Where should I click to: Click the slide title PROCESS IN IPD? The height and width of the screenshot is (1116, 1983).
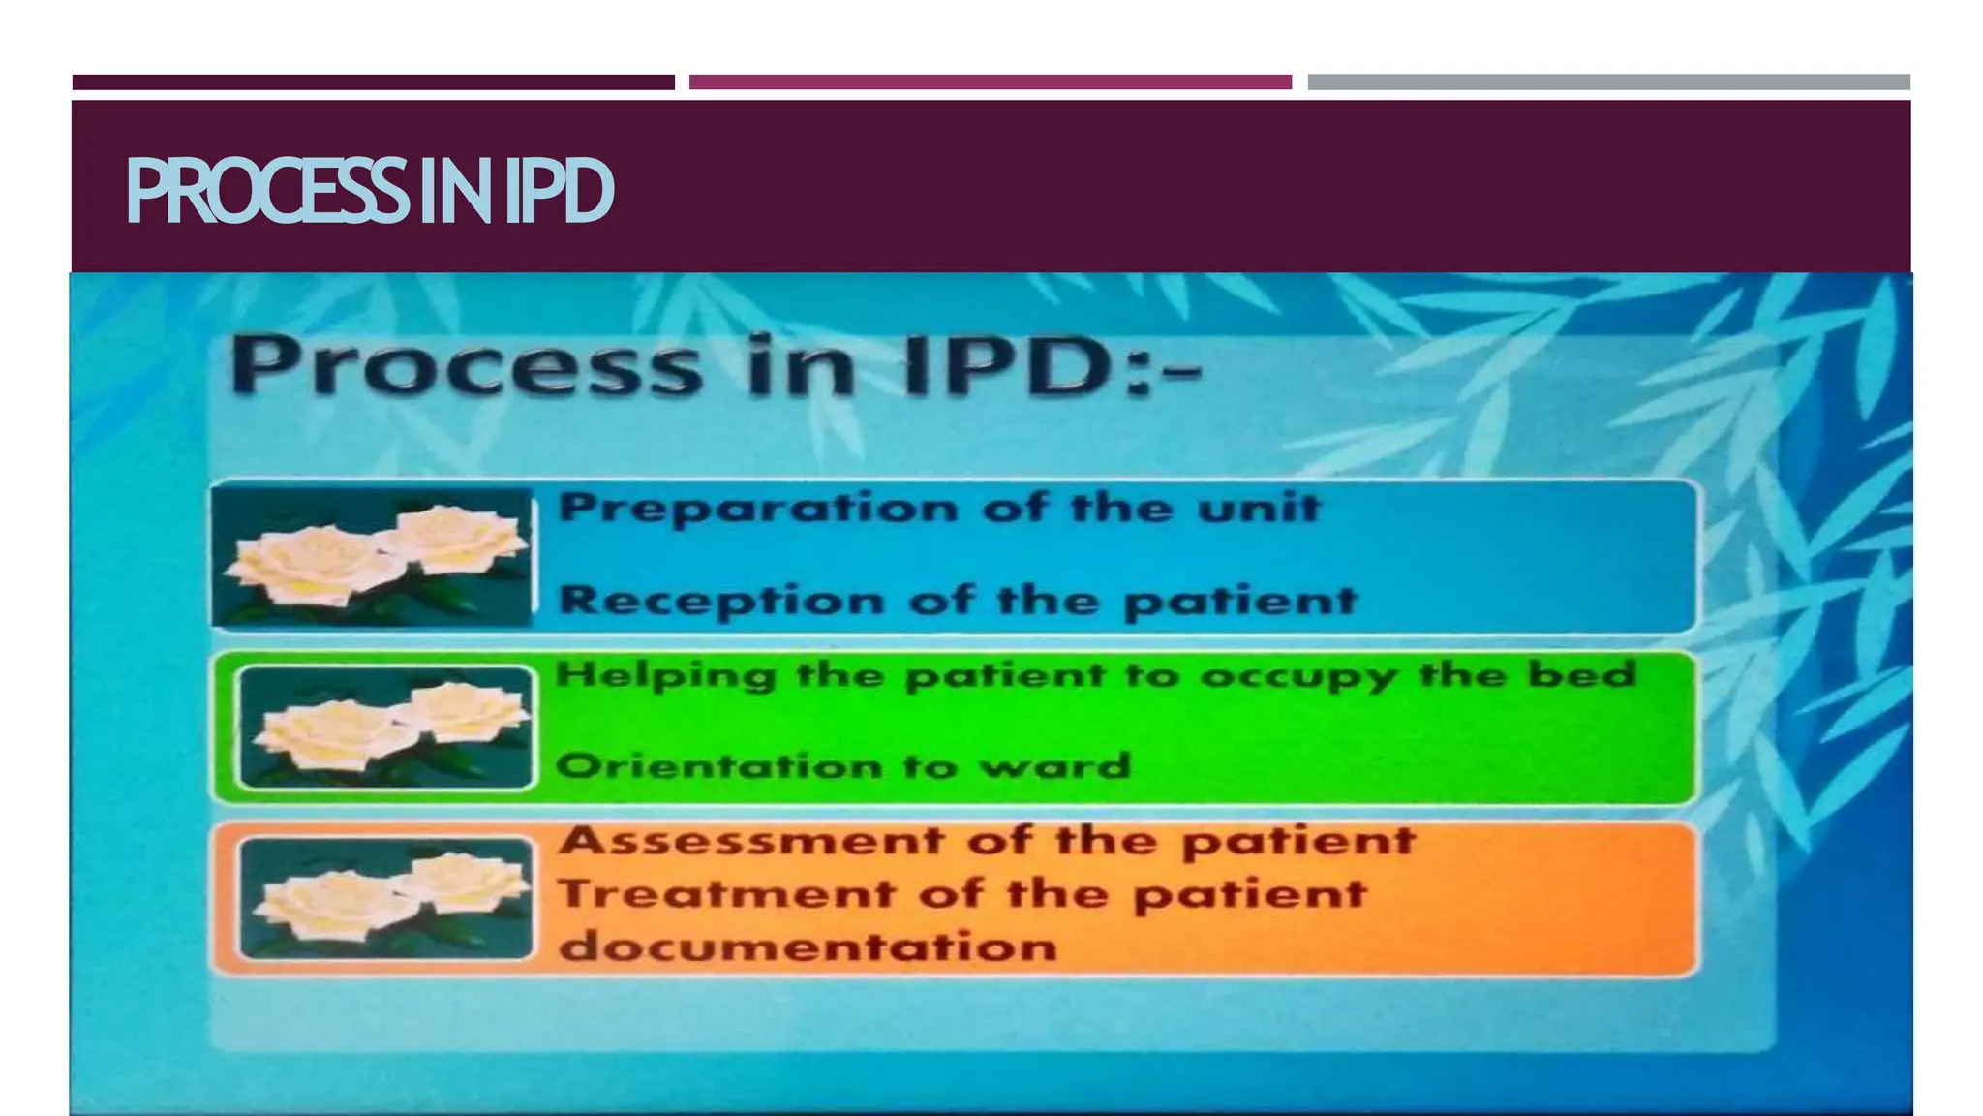click(370, 192)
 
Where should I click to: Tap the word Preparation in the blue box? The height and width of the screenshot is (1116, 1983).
click(759, 509)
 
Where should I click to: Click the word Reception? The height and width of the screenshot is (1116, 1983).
click(721, 601)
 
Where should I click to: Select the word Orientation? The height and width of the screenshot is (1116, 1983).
click(719, 766)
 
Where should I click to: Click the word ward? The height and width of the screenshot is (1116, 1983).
click(1054, 766)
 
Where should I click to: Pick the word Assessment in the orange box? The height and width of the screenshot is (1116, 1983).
click(751, 840)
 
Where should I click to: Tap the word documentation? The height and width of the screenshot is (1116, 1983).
click(808, 946)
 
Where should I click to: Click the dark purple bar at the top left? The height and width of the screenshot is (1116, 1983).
click(373, 82)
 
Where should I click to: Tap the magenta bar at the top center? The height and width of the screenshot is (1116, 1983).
click(990, 82)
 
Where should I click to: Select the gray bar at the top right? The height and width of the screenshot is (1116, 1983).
click(1608, 82)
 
